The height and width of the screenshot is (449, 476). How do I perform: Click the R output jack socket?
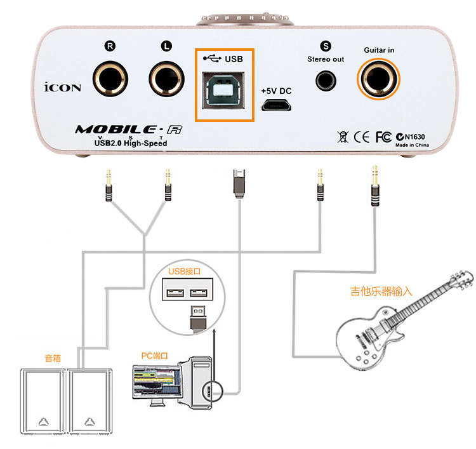point(110,79)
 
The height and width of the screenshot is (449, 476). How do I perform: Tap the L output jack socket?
point(167,79)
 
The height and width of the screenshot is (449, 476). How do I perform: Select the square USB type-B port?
point(223,90)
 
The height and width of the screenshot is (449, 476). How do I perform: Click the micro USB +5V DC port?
point(276,105)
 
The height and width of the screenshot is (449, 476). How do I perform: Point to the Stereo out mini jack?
point(326,81)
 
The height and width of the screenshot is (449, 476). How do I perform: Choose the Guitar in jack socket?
point(378,79)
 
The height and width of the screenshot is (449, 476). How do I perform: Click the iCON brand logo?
point(63,87)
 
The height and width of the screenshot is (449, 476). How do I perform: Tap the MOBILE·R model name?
point(129,130)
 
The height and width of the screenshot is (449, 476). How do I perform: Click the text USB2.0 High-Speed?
point(131,143)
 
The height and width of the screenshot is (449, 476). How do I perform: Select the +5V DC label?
point(276,91)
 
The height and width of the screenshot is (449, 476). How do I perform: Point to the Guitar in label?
point(379,50)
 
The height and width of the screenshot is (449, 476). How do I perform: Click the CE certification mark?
point(362,137)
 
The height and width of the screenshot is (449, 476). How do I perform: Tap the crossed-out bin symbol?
point(343,137)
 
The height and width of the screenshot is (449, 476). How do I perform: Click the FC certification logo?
point(383,137)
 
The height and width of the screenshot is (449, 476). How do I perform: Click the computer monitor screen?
point(158,382)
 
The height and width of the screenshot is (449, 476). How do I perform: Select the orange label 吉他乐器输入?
point(381,291)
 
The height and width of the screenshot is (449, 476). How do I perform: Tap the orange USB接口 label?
point(185,271)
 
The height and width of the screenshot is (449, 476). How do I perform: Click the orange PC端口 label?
point(154,356)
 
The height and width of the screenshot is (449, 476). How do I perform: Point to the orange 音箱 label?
point(53,358)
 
